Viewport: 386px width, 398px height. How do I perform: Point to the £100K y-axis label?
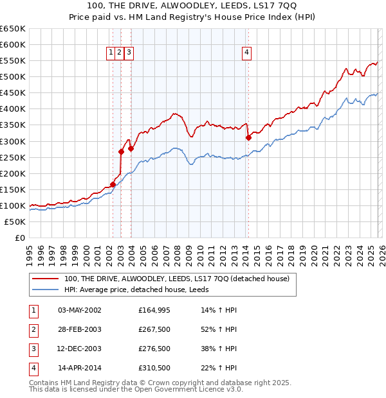(x=13, y=205)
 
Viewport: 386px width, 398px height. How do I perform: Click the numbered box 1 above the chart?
(x=111, y=53)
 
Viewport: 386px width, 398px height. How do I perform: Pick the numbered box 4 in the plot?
(x=247, y=53)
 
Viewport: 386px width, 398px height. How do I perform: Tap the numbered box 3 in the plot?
(x=129, y=53)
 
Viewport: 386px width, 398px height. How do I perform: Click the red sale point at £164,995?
(x=113, y=184)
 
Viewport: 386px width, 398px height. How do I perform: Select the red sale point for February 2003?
(x=121, y=151)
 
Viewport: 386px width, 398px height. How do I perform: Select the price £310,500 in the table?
(x=154, y=368)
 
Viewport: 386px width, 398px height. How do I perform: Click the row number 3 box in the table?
(x=32, y=349)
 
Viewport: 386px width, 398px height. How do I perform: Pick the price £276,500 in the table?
(x=154, y=349)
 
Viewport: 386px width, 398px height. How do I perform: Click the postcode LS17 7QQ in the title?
(x=263, y=8)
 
